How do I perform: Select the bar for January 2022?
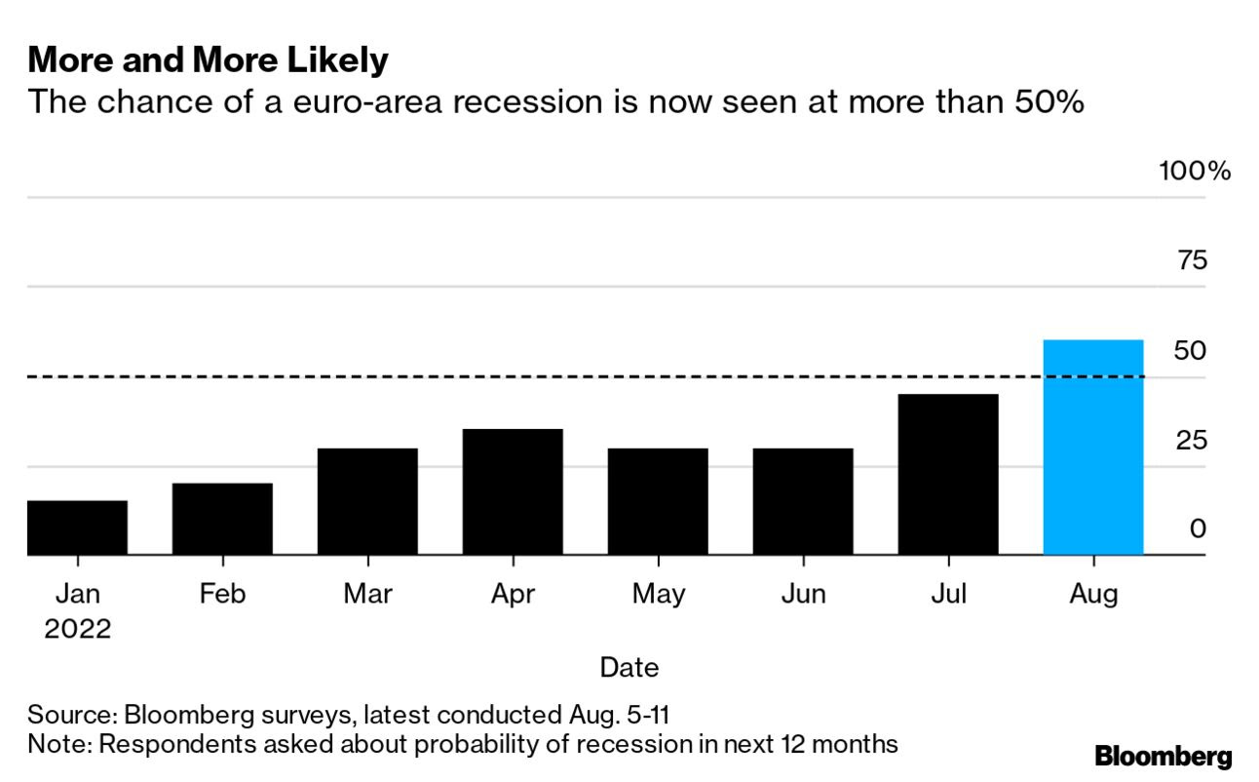(x=77, y=528)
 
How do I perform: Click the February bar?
(x=222, y=519)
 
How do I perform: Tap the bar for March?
(x=367, y=501)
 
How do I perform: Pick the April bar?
(x=513, y=491)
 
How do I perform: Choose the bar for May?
(x=658, y=501)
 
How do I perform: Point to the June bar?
(x=803, y=501)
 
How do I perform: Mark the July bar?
(x=948, y=474)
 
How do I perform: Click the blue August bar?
(x=1093, y=448)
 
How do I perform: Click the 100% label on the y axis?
(x=1195, y=172)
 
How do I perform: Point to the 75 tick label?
(x=1192, y=260)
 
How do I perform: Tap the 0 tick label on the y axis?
(x=1198, y=528)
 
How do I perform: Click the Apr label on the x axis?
(x=513, y=593)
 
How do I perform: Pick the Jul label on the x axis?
(x=948, y=593)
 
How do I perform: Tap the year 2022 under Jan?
(x=77, y=629)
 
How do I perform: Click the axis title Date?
(x=629, y=667)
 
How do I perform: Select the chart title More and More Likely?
(x=208, y=60)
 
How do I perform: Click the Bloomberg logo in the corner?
(x=1163, y=756)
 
